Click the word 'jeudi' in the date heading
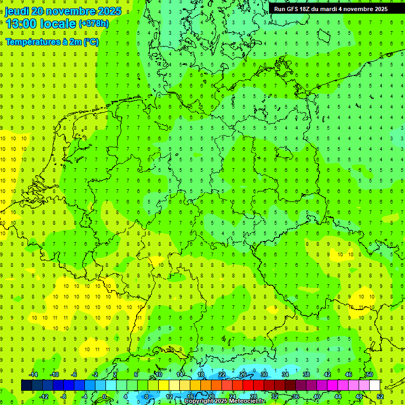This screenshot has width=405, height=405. tap(17, 11)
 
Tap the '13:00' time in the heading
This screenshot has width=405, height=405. tap(21, 24)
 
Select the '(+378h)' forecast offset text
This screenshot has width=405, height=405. tap(93, 24)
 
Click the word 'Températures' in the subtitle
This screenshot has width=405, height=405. tap(31, 42)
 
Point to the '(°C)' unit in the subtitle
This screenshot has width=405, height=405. tap(90, 42)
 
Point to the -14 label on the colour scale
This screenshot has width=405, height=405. tap(33, 374)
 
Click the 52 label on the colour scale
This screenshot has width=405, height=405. tap(380, 396)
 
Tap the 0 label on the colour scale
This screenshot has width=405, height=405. tap(105, 396)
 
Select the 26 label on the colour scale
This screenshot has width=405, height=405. tap(243, 374)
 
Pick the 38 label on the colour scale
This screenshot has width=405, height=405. tap(306, 374)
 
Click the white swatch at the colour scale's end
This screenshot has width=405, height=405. tap(374, 385)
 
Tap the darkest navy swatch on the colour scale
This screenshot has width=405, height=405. tap(26, 385)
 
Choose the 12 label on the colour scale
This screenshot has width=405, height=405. tap(169, 396)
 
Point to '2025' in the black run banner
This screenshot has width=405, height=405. tap(379, 9)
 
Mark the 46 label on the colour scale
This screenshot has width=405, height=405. tap(348, 374)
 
